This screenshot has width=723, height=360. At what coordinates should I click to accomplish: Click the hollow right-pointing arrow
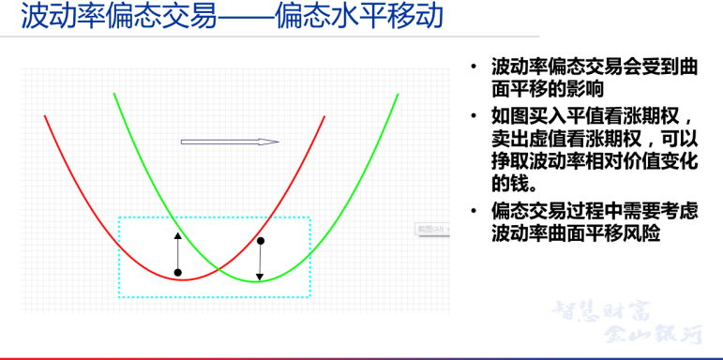click(230, 142)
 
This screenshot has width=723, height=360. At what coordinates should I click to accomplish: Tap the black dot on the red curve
click(177, 273)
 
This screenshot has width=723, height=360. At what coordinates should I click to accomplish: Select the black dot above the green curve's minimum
click(261, 241)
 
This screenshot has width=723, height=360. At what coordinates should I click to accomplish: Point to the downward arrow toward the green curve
click(261, 262)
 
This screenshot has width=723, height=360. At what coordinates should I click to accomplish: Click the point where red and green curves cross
click(218, 269)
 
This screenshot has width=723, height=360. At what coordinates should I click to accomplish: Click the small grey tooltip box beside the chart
click(432, 229)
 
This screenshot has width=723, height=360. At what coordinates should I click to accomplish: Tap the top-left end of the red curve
click(45, 115)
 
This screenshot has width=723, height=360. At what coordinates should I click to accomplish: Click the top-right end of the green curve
click(398, 94)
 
